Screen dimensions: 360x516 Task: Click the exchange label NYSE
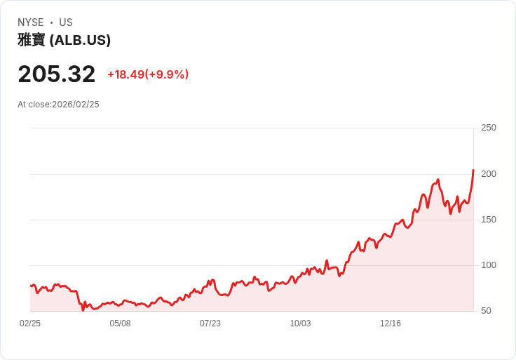point(31,22)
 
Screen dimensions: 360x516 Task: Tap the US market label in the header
point(66,22)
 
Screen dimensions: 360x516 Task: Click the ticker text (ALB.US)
point(80,41)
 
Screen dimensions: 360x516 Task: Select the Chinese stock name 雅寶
point(32,41)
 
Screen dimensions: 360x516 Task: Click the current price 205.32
point(56,74)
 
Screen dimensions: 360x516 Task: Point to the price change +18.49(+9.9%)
point(148,74)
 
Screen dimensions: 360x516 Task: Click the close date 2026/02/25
point(76,105)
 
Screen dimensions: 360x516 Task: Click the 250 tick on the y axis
point(488,128)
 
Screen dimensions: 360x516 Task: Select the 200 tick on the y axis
point(488,173)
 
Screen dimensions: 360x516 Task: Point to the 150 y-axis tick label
point(488,220)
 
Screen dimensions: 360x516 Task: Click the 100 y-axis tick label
point(488,265)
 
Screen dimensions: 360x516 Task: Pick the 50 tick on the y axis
point(486,311)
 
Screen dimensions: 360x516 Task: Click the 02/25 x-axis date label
point(30,324)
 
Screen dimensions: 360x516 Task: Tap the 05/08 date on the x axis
point(120,324)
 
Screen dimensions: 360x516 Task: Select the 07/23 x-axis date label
point(210,324)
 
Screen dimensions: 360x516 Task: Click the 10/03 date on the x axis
point(300,324)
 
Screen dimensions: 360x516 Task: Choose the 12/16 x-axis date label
point(391,324)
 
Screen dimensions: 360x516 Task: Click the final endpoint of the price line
point(473,170)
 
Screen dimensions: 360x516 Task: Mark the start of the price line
point(30,286)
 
